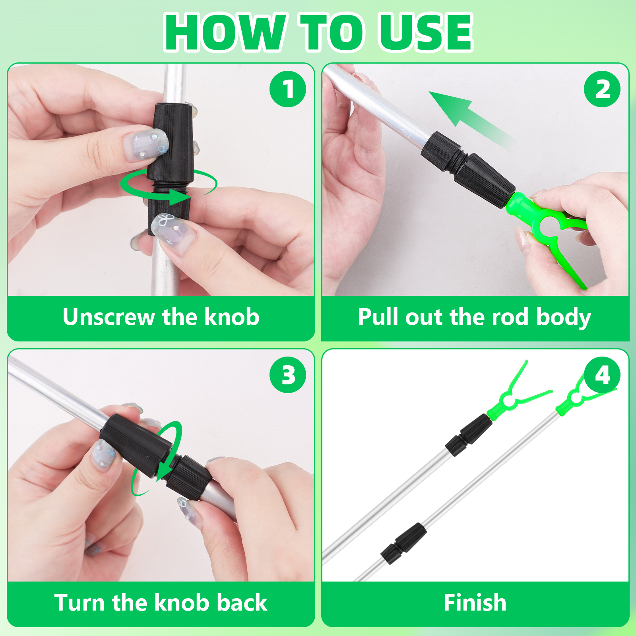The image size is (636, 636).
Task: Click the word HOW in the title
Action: point(225,32)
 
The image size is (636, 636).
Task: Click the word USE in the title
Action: point(426,32)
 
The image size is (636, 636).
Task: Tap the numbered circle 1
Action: point(288,89)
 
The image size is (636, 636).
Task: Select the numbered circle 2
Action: point(602,89)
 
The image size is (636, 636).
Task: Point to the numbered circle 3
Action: point(288,375)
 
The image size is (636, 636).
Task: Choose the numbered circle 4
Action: point(602,375)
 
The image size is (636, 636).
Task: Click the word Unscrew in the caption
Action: point(109,317)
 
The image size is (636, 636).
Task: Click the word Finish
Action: point(475,603)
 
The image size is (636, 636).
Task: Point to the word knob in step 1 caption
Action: point(232,317)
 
